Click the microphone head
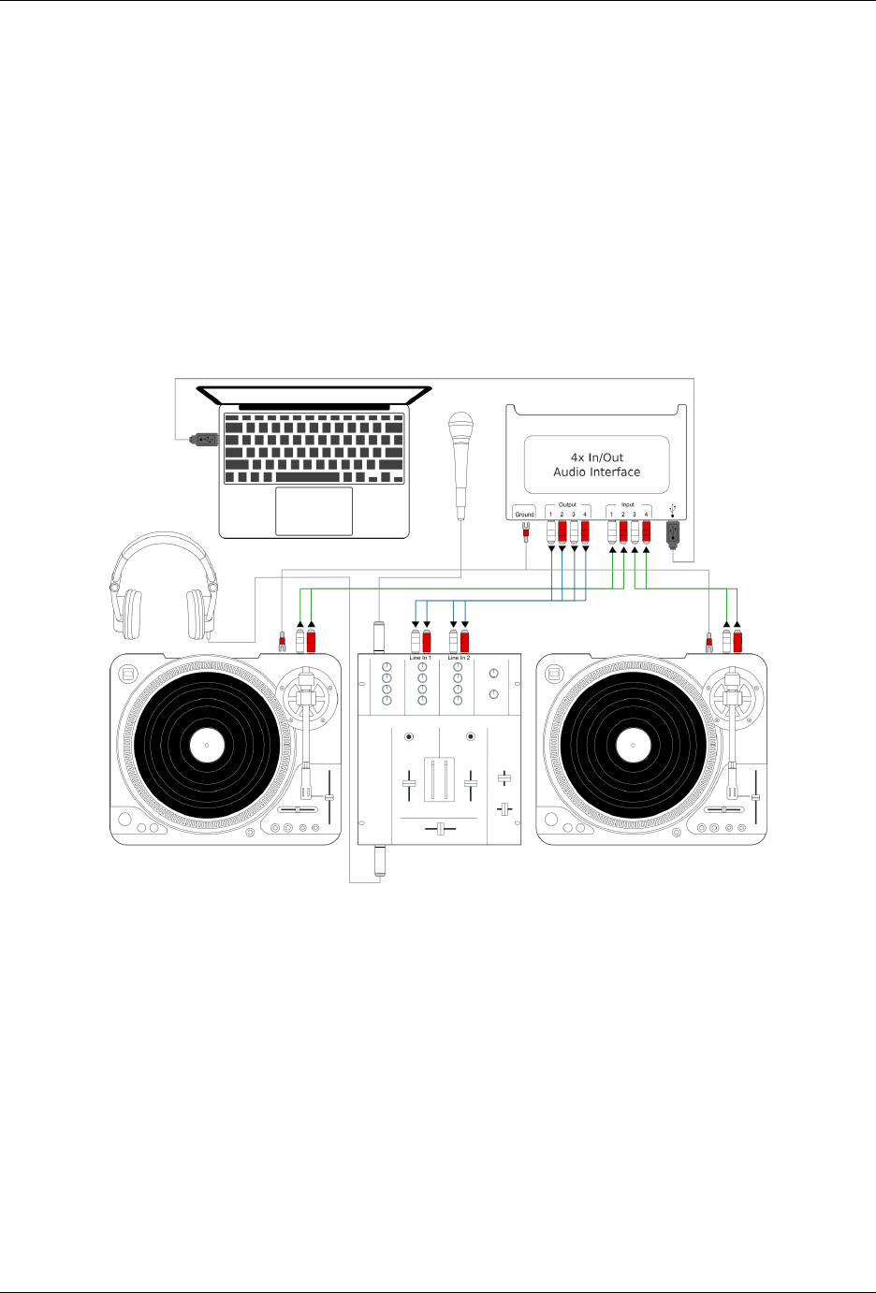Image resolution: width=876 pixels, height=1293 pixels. pyautogui.click(x=460, y=427)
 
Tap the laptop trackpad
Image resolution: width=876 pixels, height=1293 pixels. pyautogui.click(x=314, y=511)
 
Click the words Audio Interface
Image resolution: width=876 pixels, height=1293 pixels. pyautogui.click(x=596, y=472)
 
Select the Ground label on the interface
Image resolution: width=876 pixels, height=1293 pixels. pyautogui.click(x=524, y=514)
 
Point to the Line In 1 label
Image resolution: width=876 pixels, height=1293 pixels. pyautogui.click(x=420, y=658)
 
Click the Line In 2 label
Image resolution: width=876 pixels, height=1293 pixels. pyautogui.click(x=459, y=658)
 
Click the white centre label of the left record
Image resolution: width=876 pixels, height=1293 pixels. pyautogui.click(x=207, y=746)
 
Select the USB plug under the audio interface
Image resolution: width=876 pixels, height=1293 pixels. pyautogui.click(x=672, y=533)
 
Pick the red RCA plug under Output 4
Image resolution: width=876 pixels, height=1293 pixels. pyautogui.click(x=585, y=533)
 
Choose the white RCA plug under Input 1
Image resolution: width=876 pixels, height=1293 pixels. pyautogui.click(x=611, y=533)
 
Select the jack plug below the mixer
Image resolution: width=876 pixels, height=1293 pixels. pyautogui.click(x=380, y=859)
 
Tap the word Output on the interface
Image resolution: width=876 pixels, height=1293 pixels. pyautogui.click(x=567, y=504)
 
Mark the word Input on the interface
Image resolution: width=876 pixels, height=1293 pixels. pyautogui.click(x=628, y=504)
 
